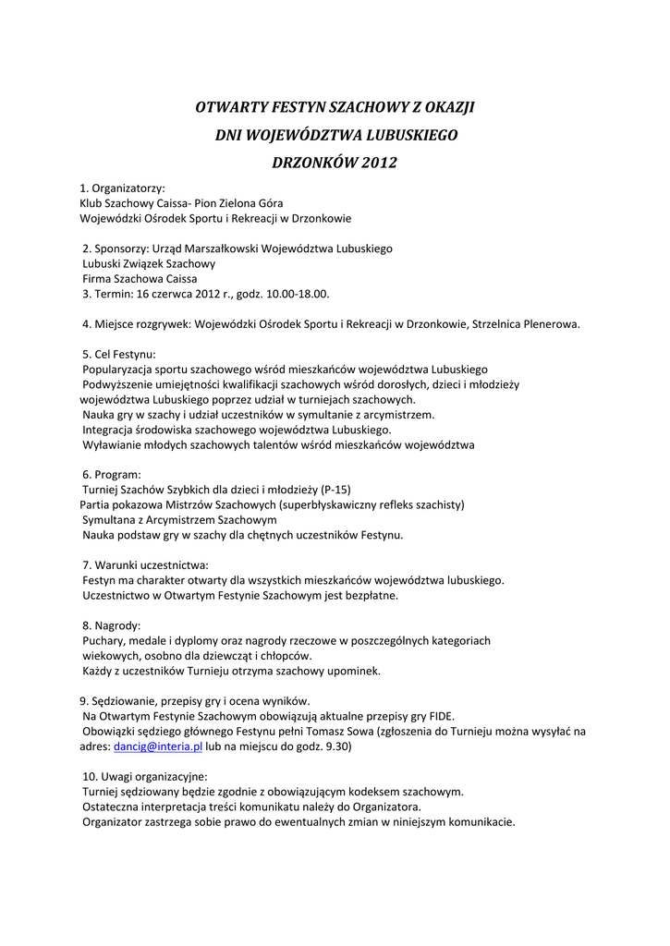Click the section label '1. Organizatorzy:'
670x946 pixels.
coord(122,188)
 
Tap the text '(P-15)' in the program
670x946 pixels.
coord(335,490)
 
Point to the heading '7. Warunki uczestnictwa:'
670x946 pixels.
coord(145,564)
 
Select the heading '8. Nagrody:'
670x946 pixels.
coord(111,625)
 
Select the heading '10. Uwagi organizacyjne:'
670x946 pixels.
coord(145,776)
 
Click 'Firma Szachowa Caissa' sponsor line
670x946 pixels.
coord(140,278)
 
